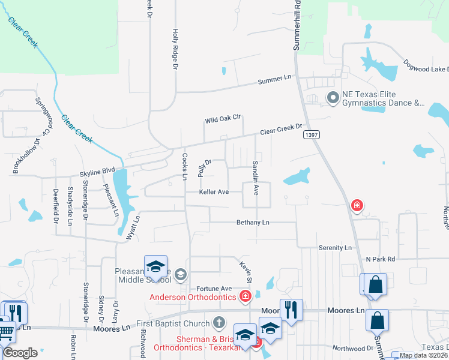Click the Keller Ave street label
click(x=214, y=192)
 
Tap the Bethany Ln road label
click(x=253, y=222)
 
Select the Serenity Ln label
click(x=335, y=247)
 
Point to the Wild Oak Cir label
click(x=223, y=120)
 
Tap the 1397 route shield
click(x=311, y=136)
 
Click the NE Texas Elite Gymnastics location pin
click(x=332, y=97)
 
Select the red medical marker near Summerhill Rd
click(x=357, y=206)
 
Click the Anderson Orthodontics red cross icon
click(x=245, y=295)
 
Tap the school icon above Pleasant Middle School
click(x=155, y=266)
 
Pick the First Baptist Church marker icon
click(x=218, y=322)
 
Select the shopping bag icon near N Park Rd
click(x=375, y=284)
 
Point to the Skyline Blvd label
click(x=97, y=173)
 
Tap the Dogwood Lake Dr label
click(x=425, y=70)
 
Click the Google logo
click(x=20, y=353)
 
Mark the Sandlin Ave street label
click(x=256, y=178)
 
